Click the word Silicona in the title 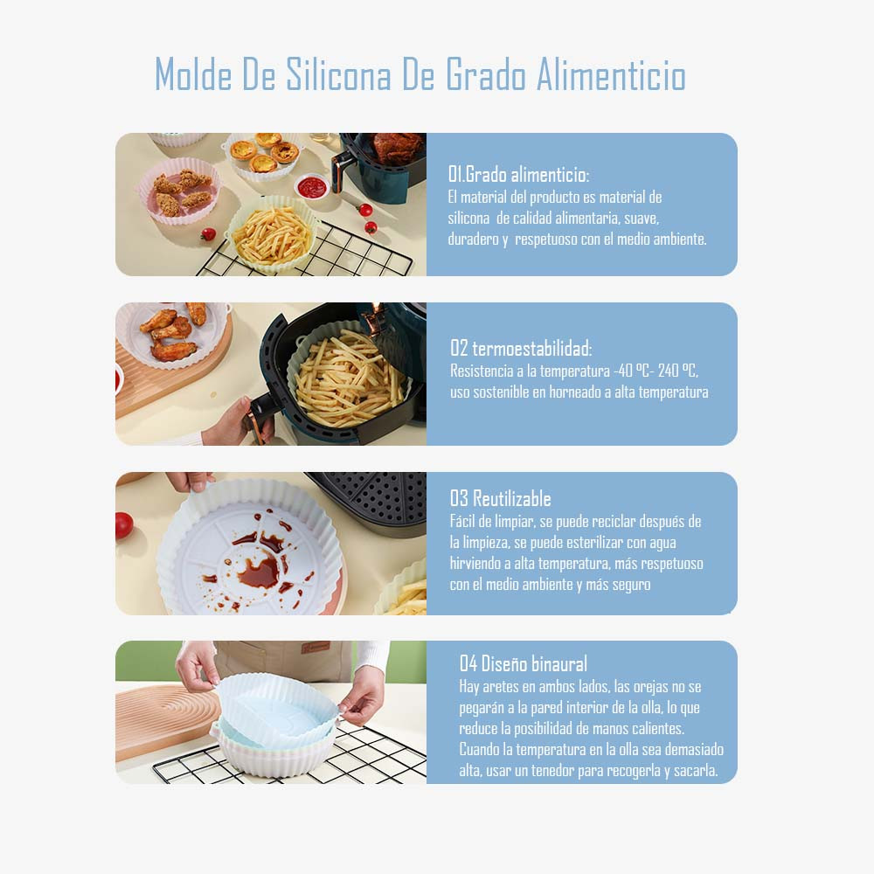338,74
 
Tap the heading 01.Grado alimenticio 518,175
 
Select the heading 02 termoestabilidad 521,349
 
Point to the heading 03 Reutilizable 501,498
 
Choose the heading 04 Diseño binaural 524,664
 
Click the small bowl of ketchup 312,187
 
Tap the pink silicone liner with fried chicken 179,191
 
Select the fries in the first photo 273,236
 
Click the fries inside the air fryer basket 349,372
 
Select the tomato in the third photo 124,525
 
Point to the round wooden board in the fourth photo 164,720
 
